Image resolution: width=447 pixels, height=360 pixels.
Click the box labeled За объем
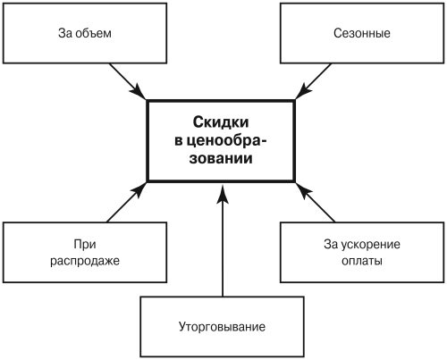click(x=85, y=33)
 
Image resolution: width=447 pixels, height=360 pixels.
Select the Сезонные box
click(x=362, y=33)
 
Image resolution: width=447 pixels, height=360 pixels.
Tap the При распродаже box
click(x=85, y=252)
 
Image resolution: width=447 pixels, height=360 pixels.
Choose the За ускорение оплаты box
click(x=362, y=252)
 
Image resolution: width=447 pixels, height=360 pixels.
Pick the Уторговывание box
click(x=222, y=326)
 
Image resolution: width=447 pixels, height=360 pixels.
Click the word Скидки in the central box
click(x=221, y=122)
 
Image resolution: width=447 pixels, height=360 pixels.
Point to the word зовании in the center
click(x=221, y=158)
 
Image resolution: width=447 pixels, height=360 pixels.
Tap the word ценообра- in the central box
click(x=220, y=140)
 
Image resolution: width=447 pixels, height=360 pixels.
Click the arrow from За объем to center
click(x=127, y=81)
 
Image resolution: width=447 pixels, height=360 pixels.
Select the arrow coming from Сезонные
click(x=313, y=81)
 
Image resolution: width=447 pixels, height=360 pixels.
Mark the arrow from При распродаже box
click(x=127, y=202)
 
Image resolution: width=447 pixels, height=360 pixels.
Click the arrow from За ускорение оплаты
click(x=315, y=202)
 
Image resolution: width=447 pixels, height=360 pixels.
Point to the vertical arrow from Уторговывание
click(x=223, y=240)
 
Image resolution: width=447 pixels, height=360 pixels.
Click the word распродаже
click(x=85, y=261)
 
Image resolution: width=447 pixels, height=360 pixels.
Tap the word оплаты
click(x=362, y=261)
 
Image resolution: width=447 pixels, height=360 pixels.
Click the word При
click(x=85, y=244)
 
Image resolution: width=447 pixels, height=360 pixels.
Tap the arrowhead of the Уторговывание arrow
click(x=223, y=194)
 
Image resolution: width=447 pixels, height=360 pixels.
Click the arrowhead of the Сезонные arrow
click(x=303, y=90)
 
